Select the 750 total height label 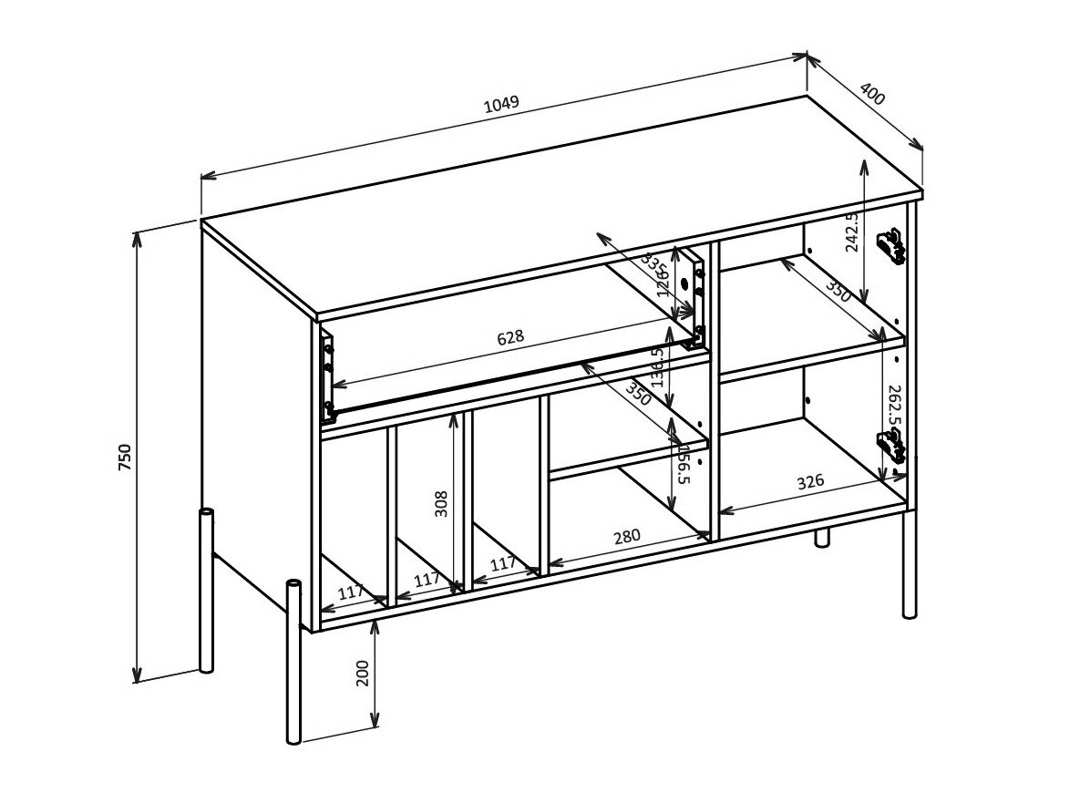(125, 457)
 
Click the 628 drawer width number (510, 337)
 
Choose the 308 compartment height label (441, 503)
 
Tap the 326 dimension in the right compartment (810, 480)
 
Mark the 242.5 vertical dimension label (851, 232)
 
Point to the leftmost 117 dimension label (351, 592)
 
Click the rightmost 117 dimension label (503, 564)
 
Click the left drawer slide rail (327, 374)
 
